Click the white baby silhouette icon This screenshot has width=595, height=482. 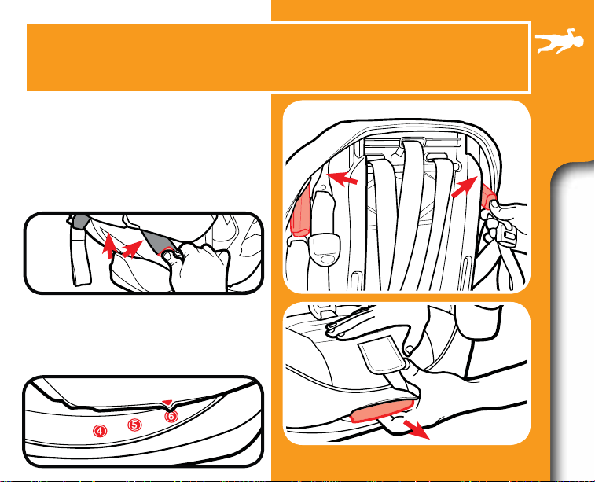tap(560, 41)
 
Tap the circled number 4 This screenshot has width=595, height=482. tap(99, 431)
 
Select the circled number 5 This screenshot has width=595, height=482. tap(134, 425)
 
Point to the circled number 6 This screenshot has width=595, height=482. tap(171, 416)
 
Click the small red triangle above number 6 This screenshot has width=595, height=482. tap(167, 402)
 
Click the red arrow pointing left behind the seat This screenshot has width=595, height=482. tap(342, 178)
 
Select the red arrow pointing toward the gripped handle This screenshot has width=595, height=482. tap(465, 187)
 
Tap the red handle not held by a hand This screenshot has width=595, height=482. tap(300, 211)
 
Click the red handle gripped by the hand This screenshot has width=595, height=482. tap(489, 197)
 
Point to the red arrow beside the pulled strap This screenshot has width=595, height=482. tap(417, 429)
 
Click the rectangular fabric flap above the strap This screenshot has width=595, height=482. tap(383, 357)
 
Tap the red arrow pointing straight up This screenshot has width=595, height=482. tap(110, 245)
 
